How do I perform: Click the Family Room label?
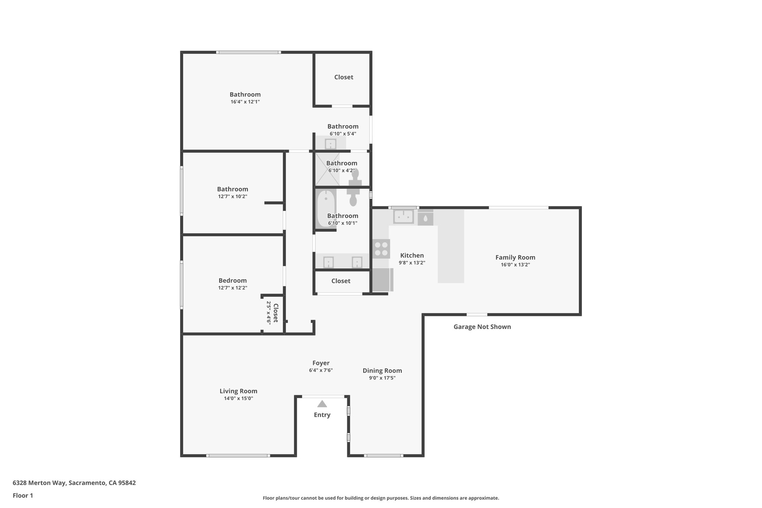(515, 257)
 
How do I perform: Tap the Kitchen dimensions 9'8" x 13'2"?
(412, 263)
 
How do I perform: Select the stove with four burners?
(381, 249)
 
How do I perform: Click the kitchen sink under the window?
(404, 216)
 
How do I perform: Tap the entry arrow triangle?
(322, 404)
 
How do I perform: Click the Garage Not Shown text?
(482, 327)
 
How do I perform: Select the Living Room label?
(238, 391)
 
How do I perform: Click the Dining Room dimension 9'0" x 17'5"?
(382, 378)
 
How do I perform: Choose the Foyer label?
(321, 363)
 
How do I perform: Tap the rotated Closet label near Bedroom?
(276, 313)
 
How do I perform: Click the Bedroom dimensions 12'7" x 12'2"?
(233, 288)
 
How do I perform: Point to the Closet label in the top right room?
(343, 77)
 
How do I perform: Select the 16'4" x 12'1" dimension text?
(245, 102)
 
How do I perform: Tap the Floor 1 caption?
(23, 495)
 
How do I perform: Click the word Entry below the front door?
(322, 415)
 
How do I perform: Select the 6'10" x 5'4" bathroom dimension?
(343, 134)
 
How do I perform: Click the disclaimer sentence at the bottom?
(381, 498)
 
